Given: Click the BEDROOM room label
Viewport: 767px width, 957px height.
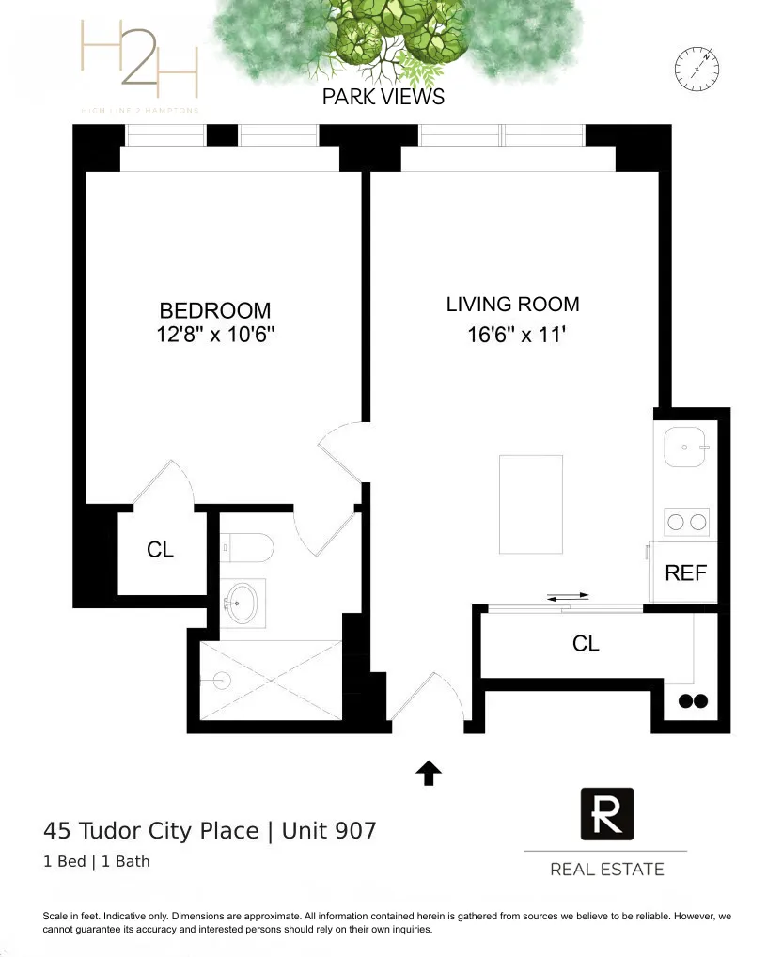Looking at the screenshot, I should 214,310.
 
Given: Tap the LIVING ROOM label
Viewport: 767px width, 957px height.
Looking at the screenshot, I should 512,305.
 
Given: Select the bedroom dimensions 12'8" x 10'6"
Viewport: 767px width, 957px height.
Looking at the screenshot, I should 215,335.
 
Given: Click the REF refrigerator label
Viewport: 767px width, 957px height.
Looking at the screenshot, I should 685,573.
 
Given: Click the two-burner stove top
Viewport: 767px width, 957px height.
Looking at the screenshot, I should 686,522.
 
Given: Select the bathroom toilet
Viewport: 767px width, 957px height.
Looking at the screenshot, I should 247,547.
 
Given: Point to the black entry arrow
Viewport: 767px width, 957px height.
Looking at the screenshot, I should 429,773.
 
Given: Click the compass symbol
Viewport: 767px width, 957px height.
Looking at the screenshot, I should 697,67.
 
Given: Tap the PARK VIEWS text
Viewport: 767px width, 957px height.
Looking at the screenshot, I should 383,97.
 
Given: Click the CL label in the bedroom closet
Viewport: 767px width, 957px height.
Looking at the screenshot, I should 161,550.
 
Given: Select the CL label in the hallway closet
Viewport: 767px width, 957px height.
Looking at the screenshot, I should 586,643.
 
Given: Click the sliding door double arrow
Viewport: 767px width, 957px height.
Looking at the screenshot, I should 568,596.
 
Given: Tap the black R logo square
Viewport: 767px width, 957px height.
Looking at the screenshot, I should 606,813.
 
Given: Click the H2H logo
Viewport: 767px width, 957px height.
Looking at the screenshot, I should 139,62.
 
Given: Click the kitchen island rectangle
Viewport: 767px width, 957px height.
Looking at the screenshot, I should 531,504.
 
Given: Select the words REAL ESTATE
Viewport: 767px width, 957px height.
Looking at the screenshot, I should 606,870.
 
